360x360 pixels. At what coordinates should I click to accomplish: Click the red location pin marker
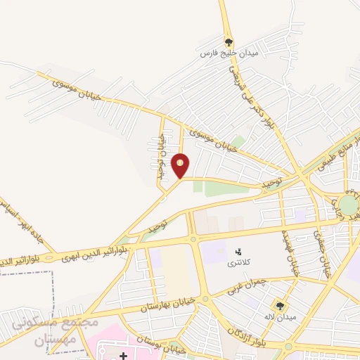(x=181, y=165)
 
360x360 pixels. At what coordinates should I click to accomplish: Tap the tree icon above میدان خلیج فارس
(x=228, y=41)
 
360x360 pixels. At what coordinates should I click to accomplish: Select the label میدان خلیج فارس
(x=229, y=53)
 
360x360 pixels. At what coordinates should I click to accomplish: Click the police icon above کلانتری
(x=238, y=251)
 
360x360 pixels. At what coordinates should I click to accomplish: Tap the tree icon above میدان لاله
(x=280, y=305)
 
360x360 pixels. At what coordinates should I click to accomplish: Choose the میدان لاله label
(x=281, y=317)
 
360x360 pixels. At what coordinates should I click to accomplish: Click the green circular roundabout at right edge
(x=348, y=205)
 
